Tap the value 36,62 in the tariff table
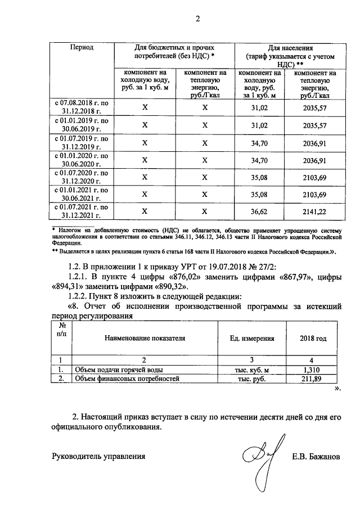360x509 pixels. pyautogui.click(x=260, y=212)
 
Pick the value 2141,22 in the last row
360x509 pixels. pyautogui.click(x=314, y=212)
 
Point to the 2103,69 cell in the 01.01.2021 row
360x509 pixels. pyautogui.click(x=314, y=195)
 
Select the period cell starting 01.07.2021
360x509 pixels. pyautogui.click(x=81, y=212)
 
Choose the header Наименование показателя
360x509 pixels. pyautogui.click(x=145, y=339)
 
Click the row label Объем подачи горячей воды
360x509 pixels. pyautogui.click(x=111, y=370)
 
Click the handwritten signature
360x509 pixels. pyautogui.click(x=262, y=458)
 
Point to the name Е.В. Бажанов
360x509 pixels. pyautogui.click(x=316, y=457)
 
